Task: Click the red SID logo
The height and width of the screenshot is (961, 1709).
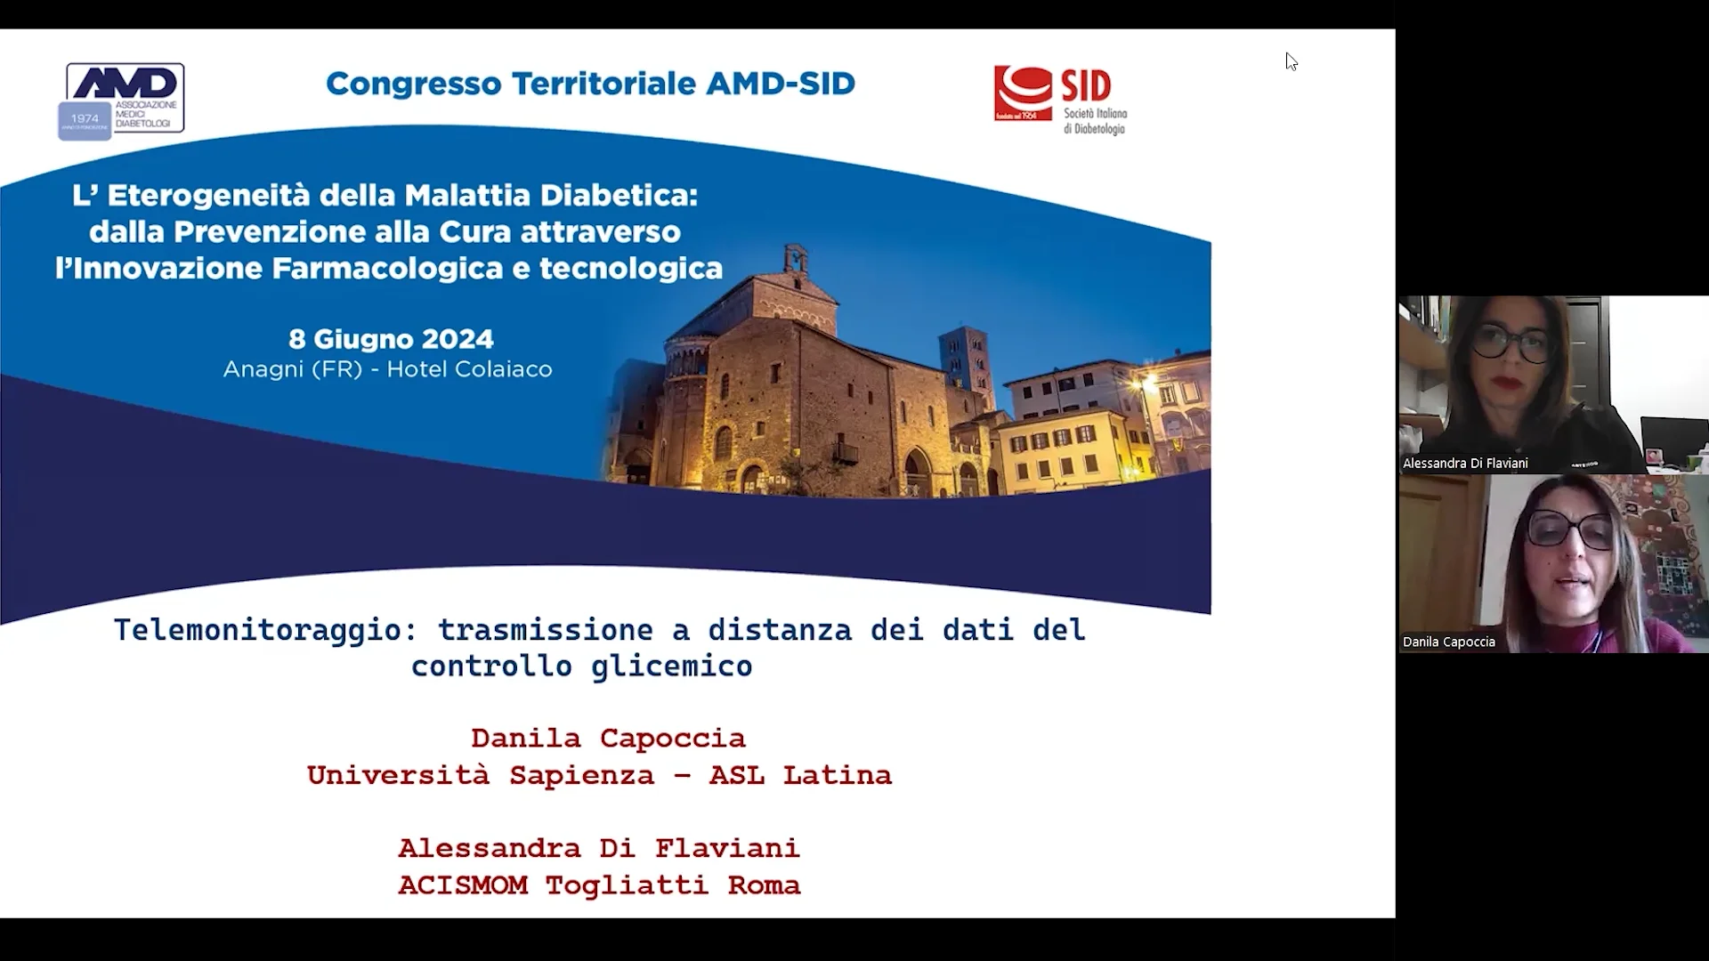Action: [1023, 93]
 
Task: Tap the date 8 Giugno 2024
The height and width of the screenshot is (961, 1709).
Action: [391, 339]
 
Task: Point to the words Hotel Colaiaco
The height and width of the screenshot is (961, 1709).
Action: [469, 369]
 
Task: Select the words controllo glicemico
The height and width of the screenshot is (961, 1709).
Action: [581, 666]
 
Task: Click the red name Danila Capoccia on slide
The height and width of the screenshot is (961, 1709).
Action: [608, 739]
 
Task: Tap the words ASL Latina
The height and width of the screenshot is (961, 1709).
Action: [800, 776]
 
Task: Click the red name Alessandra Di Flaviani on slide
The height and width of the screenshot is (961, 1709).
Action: [598, 848]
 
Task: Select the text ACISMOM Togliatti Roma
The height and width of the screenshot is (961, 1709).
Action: [598, 885]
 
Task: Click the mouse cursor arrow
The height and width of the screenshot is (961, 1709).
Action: [1291, 61]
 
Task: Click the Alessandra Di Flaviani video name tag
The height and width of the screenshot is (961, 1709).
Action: [1465, 464]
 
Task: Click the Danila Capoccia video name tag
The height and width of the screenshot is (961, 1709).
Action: [1449, 642]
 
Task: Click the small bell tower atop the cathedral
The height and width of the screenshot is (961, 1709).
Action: [795, 260]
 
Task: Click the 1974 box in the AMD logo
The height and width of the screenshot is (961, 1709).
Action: [85, 119]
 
